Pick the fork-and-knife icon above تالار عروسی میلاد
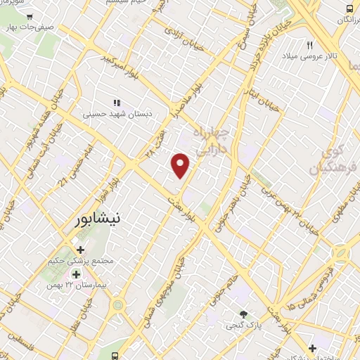click(x=309, y=44)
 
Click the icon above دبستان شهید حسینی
click(x=117, y=101)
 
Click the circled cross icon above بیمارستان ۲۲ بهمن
click(x=75, y=274)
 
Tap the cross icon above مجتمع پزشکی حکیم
click(x=80, y=250)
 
